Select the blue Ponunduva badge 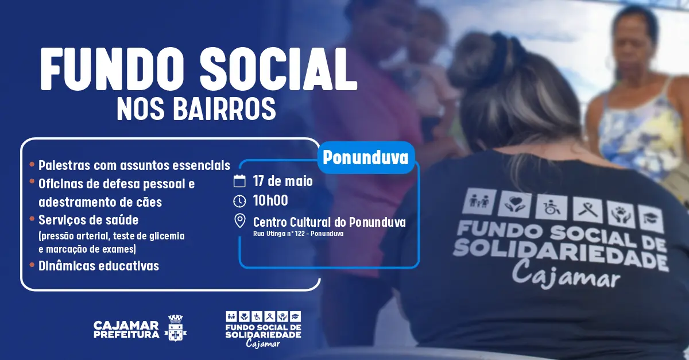point(366,157)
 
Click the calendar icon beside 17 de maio point(239,181)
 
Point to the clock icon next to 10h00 point(239,201)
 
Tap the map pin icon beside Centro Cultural point(239,221)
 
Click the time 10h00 point(270,200)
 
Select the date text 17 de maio point(282,181)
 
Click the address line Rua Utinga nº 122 point(299,234)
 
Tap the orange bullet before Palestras point(32,164)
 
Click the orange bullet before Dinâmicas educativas point(32,265)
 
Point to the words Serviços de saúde point(88,220)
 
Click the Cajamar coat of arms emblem point(176,327)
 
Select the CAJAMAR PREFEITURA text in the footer point(126,330)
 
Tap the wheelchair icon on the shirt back point(551,208)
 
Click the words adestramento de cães point(100,202)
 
